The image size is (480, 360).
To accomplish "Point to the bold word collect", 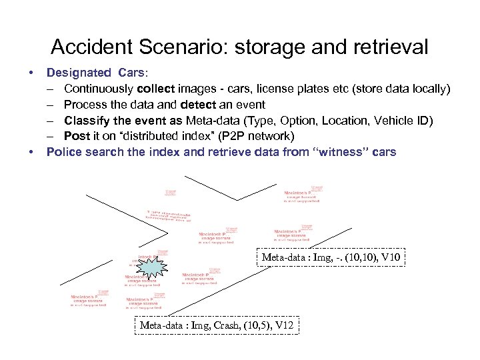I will tap(158, 88).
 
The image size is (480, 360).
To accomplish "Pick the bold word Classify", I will tap(87, 120).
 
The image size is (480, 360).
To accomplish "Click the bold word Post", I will tap(77, 136).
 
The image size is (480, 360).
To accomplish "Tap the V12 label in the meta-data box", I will tap(283, 325).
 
